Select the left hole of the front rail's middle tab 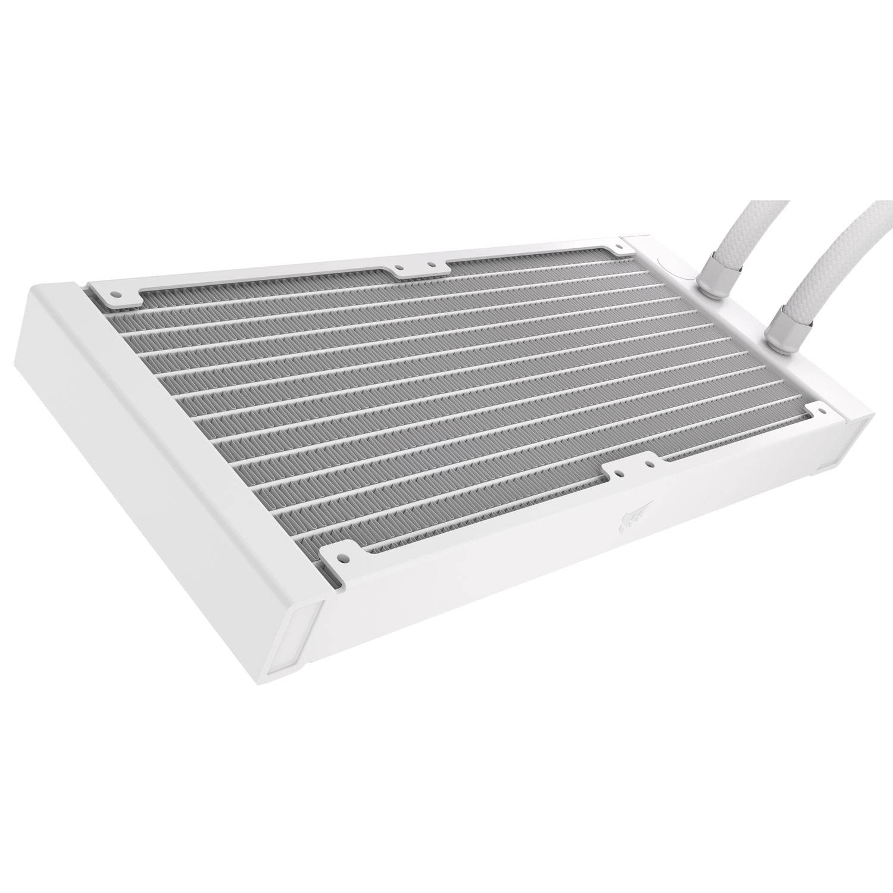point(620,469)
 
